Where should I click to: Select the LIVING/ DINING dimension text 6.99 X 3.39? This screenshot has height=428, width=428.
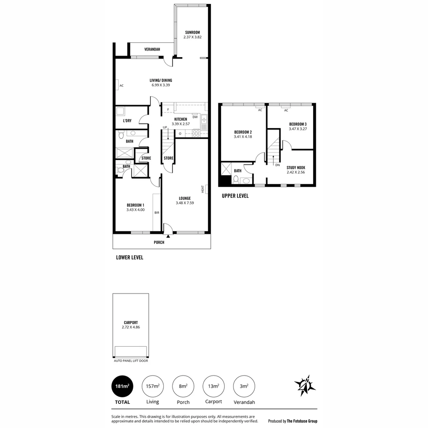(161, 85)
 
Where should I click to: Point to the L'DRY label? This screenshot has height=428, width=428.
(127, 121)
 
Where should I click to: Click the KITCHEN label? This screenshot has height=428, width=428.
(181, 119)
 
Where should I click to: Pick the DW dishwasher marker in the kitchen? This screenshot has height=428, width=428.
(195, 117)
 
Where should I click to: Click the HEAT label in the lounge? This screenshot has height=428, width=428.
(203, 189)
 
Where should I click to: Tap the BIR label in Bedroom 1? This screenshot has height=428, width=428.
(157, 213)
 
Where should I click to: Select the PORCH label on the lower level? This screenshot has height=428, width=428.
(159, 243)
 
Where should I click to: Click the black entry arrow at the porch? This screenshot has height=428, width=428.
(168, 236)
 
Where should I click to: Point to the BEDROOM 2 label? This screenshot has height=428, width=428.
(243, 132)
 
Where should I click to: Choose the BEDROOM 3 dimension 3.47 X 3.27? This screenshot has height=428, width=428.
(298, 129)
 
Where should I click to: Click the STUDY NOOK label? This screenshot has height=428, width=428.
(296, 168)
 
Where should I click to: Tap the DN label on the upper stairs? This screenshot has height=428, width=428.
(277, 165)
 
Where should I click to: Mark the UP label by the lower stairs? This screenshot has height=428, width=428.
(165, 127)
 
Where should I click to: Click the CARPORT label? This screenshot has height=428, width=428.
(130, 323)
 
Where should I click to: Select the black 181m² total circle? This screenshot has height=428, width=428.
(122, 386)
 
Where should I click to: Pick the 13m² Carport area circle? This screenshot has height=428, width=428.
(213, 386)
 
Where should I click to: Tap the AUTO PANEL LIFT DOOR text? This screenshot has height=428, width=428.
(131, 361)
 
